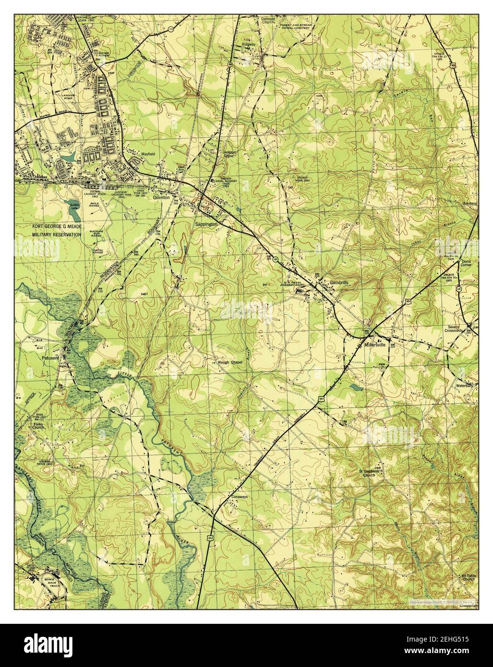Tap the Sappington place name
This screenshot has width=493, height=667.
(207, 224)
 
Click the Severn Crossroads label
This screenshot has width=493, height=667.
(453, 332)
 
